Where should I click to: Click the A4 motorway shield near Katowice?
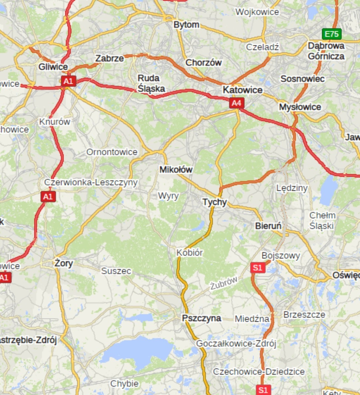236,103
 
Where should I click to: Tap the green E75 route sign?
331,34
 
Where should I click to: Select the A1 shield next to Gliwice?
68,81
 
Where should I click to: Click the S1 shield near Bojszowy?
258,268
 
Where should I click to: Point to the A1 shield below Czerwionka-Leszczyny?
48,196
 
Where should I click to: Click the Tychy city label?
215,202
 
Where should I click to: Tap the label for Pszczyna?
201,318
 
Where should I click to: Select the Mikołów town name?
176,169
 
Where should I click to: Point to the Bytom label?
186,25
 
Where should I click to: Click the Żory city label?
64,263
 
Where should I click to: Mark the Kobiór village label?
189,253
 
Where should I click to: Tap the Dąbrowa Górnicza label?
326,51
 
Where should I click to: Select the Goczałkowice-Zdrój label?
236,343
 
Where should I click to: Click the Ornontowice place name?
112,152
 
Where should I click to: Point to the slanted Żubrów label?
224,283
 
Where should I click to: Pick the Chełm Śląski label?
322,221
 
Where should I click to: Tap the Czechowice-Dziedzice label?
259,372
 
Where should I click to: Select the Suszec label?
116,271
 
